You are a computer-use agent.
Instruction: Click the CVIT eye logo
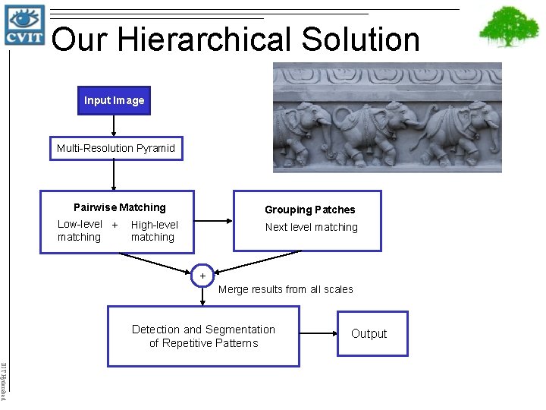[24, 24]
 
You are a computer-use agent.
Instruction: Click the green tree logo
[509, 27]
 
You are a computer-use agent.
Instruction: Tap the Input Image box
[114, 100]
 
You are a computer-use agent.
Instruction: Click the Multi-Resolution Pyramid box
[115, 148]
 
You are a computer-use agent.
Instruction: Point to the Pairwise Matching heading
[119, 207]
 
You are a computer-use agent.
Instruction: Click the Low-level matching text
[80, 230]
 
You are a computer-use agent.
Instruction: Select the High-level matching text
[154, 231]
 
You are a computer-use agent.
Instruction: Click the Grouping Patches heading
[309, 210]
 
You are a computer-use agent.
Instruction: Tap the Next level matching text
[311, 227]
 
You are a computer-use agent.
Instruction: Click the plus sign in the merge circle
[202, 275]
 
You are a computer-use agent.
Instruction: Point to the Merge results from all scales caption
[285, 289]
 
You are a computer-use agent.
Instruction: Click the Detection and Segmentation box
[203, 336]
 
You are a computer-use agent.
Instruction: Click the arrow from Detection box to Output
[318, 333]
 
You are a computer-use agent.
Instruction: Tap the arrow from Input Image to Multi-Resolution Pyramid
[114, 125]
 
